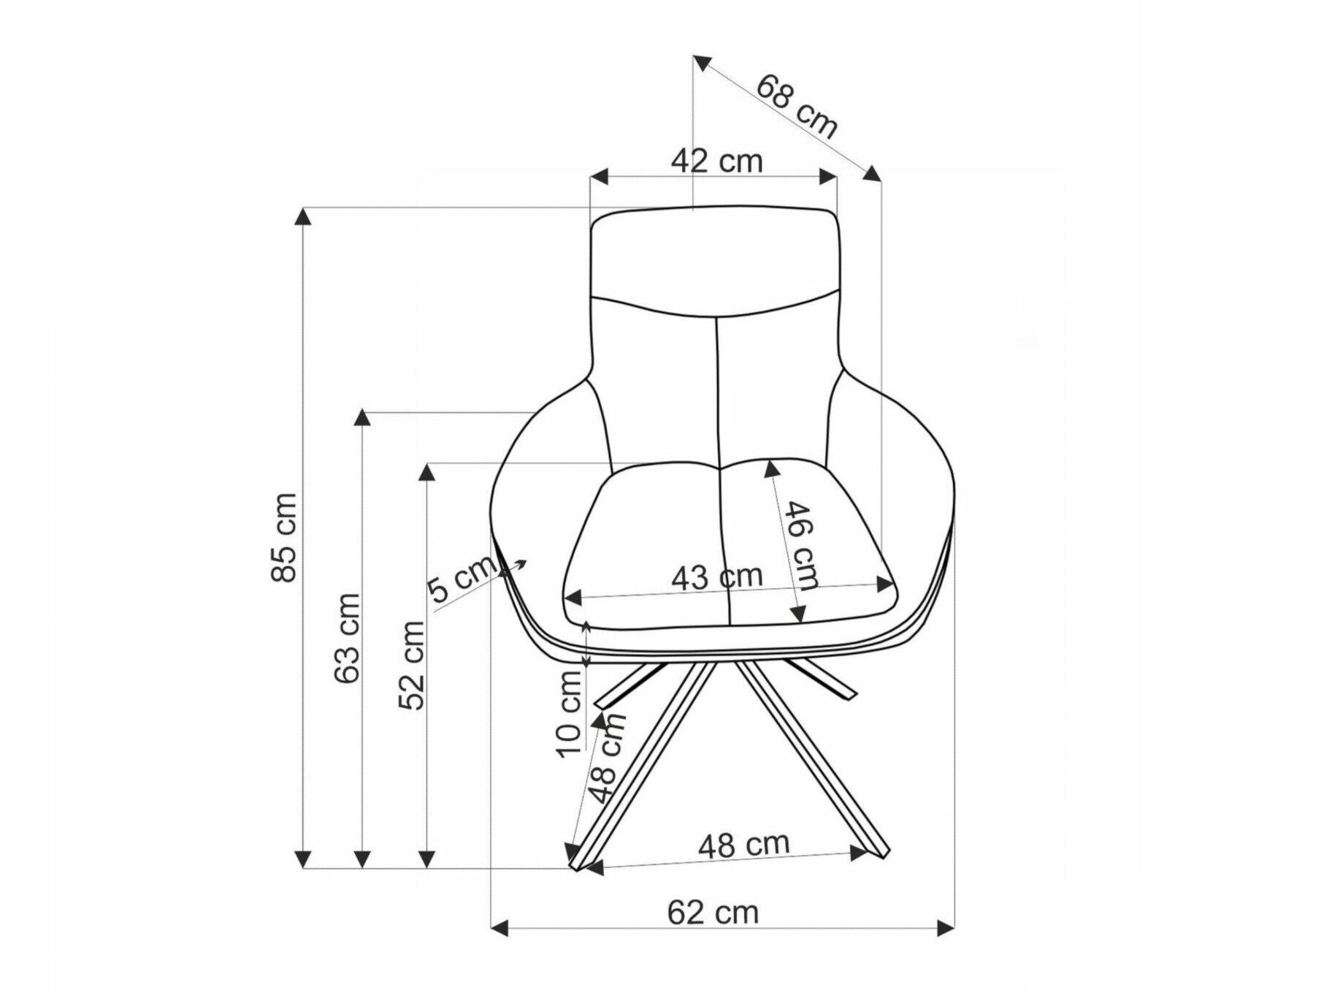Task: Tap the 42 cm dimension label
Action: click(x=716, y=161)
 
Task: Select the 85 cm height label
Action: click(x=283, y=537)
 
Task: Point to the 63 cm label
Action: click(x=347, y=638)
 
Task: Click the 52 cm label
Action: click(x=411, y=666)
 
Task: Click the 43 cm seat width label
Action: click(x=717, y=577)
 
